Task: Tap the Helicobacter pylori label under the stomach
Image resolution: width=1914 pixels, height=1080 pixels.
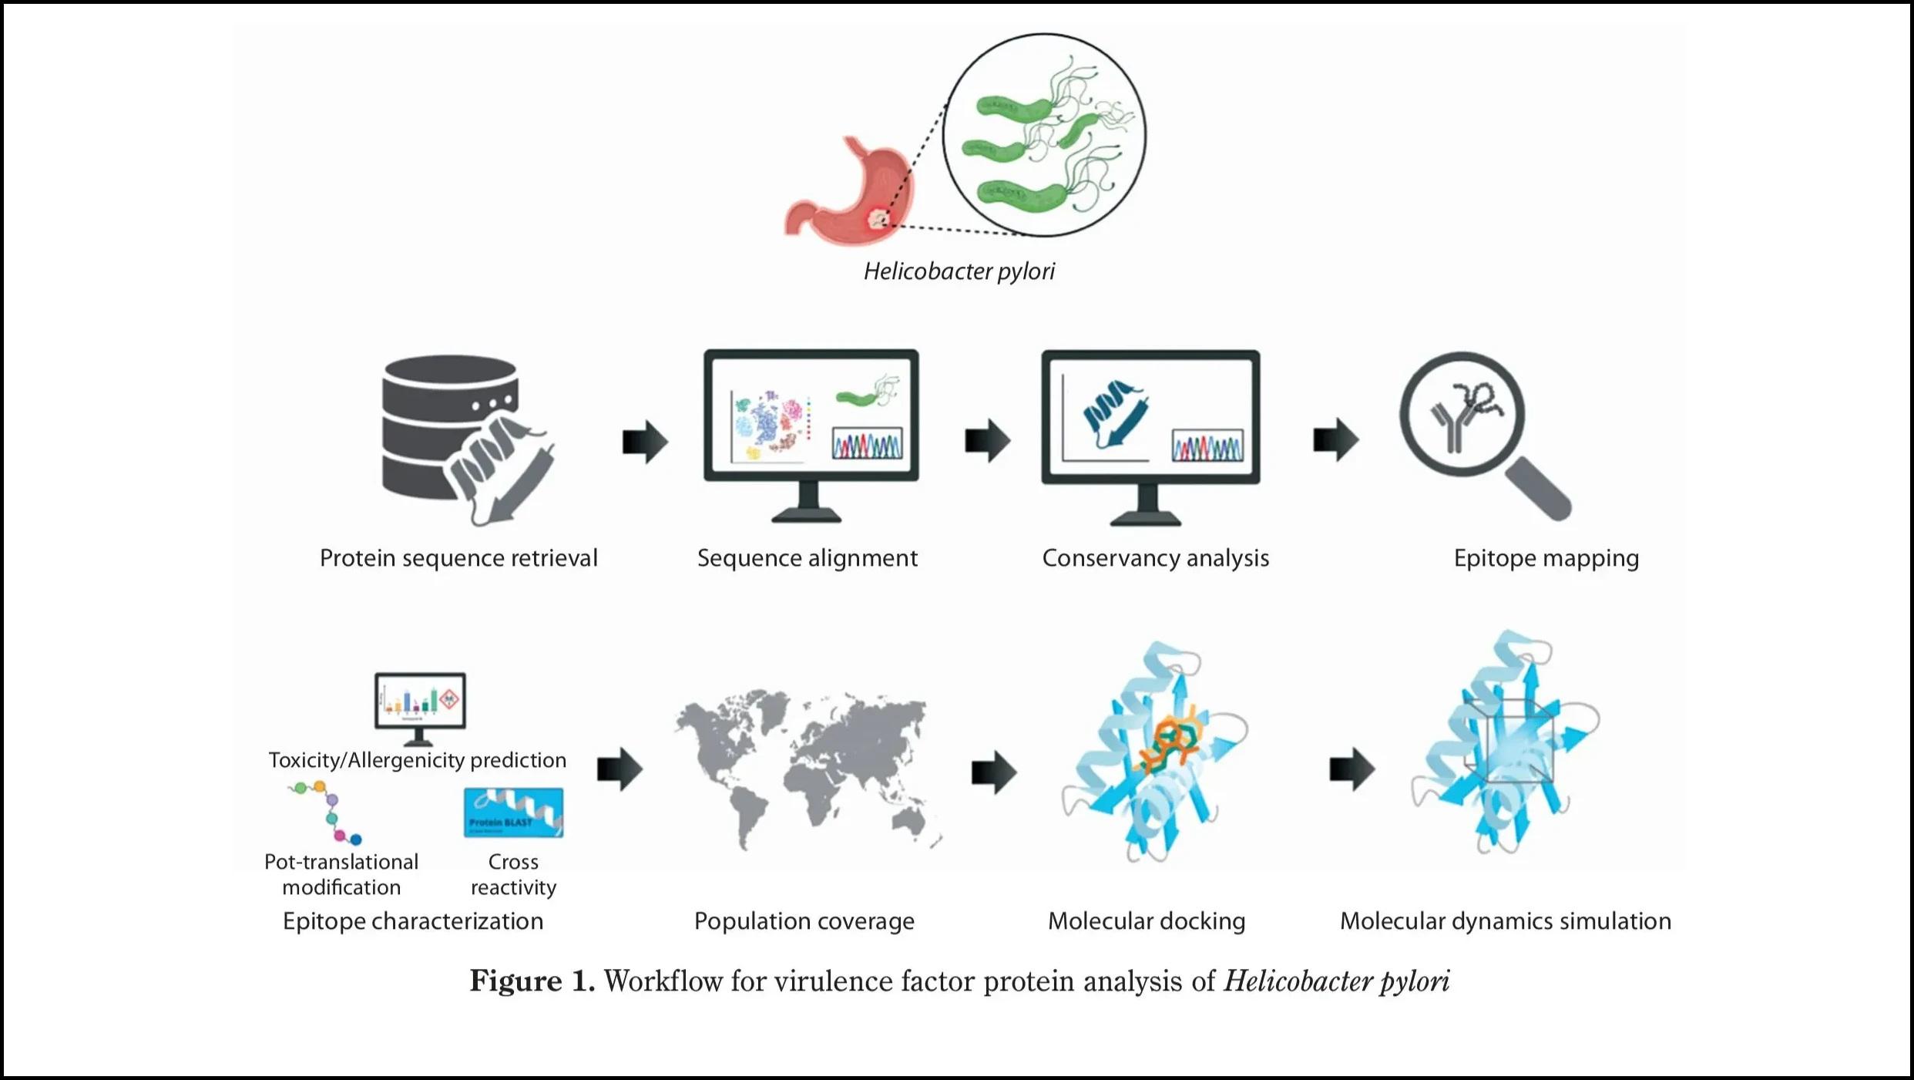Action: coord(959,271)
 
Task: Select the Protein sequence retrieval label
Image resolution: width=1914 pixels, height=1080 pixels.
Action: coord(458,557)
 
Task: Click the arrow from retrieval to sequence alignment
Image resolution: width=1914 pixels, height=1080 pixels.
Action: coord(644,442)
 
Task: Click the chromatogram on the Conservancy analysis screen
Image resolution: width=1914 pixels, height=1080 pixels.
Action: coord(1207,446)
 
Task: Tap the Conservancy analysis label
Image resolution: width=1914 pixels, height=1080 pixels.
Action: coord(1155,557)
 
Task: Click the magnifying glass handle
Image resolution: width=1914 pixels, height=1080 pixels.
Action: coord(1540,488)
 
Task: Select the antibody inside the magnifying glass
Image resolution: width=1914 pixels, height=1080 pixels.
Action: coord(1452,424)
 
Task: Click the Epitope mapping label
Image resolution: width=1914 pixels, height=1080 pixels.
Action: coord(1546,557)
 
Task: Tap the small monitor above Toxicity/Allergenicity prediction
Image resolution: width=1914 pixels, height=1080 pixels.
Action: coord(420,701)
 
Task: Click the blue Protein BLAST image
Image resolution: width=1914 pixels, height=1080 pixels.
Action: coord(513,813)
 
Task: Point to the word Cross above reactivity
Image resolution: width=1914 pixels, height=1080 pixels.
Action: coord(513,861)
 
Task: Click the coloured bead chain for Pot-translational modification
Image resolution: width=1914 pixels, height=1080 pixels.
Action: coord(327,812)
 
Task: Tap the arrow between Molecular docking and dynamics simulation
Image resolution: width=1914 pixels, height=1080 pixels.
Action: coord(1352,769)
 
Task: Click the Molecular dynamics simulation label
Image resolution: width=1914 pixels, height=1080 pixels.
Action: coord(1505,920)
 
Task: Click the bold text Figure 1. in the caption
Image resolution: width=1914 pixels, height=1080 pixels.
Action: coord(532,981)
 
